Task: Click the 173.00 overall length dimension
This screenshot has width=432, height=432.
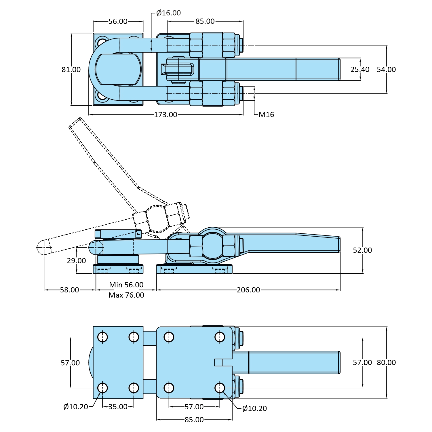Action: tap(165, 115)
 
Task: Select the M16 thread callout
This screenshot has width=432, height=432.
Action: tap(266, 115)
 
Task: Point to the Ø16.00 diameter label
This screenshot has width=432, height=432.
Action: tap(168, 13)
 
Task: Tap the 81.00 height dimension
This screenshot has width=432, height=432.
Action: tap(71, 69)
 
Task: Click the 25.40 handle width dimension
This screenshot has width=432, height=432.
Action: tap(360, 69)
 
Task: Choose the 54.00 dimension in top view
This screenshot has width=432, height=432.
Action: tap(386, 69)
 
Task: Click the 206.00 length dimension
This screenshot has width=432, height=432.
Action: tap(248, 290)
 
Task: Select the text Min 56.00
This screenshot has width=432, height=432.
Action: tap(126, 285)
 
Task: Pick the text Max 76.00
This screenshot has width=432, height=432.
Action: tap(126, 295)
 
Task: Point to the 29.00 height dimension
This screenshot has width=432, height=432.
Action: tap(76, 260)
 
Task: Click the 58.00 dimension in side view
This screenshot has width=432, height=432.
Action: tap(69, 290)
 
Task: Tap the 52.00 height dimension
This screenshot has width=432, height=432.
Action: tap(362, 250)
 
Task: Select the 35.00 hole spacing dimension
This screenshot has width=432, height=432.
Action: tap(118, 407)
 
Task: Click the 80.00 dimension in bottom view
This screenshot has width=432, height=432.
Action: tap(386, 362)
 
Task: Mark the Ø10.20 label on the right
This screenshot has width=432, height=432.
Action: tap(254, 408)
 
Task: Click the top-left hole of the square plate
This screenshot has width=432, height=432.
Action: tap(102, 337)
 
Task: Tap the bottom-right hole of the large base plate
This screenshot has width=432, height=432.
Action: tap(220, 388)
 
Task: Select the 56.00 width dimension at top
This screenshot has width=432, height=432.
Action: tap(118, 21)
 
